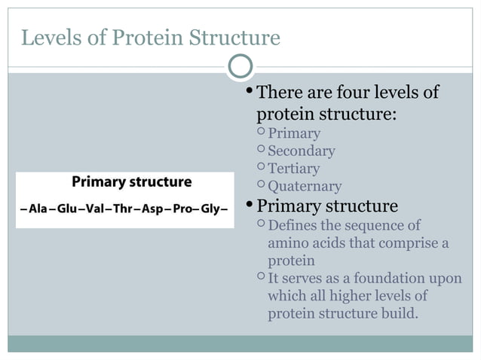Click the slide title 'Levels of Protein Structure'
point(150,37)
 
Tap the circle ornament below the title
point(240,67)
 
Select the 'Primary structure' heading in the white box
point(131,182)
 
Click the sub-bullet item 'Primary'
point(294,133)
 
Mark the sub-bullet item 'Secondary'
point(302,151)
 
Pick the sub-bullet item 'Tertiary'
point(294,169)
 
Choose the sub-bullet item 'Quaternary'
point(305,186)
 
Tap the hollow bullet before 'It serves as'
point(260,278)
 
